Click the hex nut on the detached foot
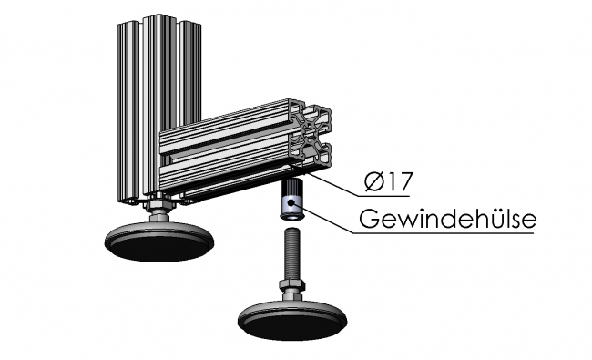coord(292,291)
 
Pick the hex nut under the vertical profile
coord(160,211)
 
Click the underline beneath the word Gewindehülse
coord(446,233)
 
